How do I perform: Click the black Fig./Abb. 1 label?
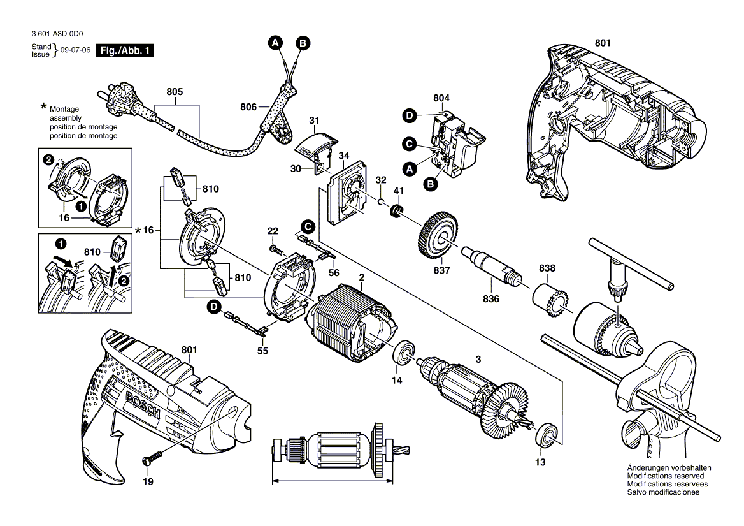[x=124, y=52]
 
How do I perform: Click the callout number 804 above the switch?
[x=441, y=98]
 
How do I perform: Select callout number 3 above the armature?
[x=478, y=359]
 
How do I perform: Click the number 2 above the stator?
[x=361, y=277]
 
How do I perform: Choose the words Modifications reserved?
[x=665, y=476]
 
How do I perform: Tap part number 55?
[x=262, y=351]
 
